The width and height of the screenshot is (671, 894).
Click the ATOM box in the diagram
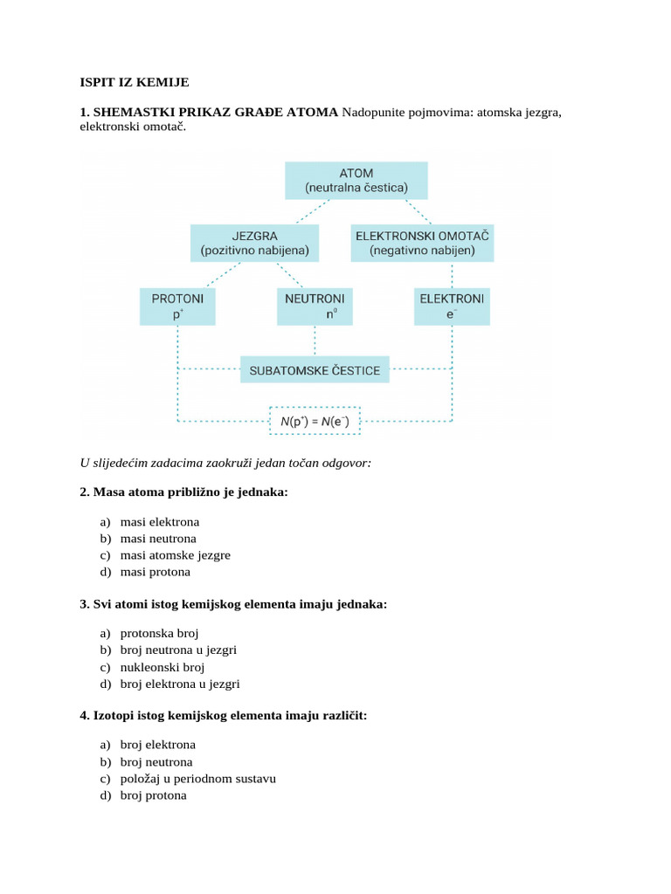click(356, 180)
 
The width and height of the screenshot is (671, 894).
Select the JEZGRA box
click(254, 243)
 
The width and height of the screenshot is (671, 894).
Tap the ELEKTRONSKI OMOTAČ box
click(422, 243)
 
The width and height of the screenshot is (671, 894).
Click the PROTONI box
click(177, 306)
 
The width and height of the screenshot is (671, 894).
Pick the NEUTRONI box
click(315, 306)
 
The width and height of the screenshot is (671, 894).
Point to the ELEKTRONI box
click(452, 306)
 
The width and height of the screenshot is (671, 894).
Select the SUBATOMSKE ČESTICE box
click(315, 370)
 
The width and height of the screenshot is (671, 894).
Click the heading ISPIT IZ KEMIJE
click(134, 83)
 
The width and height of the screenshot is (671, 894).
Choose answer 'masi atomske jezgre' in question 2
click(175, 555)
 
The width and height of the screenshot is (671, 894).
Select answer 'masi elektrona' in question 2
click(159, 522)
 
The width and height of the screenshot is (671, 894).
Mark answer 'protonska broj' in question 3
click(159, 634)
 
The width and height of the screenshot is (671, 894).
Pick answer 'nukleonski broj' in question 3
click(162, 667)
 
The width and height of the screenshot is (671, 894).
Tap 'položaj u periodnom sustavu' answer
click(197, 779)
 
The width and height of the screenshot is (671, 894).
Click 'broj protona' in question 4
click(153, 795)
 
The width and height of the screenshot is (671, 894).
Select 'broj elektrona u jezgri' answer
click(179, 684)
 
